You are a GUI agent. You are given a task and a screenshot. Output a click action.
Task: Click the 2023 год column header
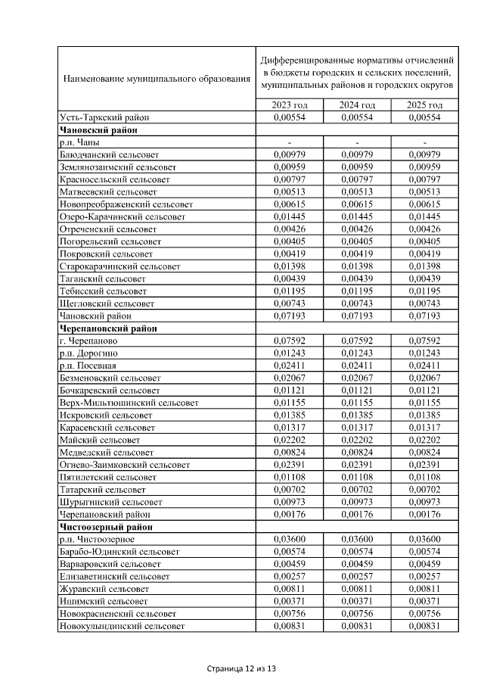pyautogui.click(x=290, y=105)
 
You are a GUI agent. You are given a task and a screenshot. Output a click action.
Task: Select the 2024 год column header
pyautogui.click(x=357, y=105)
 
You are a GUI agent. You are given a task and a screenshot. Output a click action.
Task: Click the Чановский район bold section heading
pyautogui.click(x=92, y=130)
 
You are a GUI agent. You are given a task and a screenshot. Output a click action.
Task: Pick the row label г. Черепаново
pyautogui.click(x=88, y=341)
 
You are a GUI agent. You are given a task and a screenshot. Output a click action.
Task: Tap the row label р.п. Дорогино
pyautogui.click(x=87, y=353)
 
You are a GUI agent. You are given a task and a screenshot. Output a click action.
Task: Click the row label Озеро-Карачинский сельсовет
pyautogui.click(x=122, y=216)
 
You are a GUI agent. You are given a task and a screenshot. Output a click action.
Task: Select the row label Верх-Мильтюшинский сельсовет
pyautogui.click(x=129, y=403)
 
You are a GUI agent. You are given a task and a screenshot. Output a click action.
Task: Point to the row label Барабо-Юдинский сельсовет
pyautogui.click(x=119, y=552)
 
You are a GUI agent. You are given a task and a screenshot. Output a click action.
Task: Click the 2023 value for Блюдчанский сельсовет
pyautogui.click(x=290, y=154)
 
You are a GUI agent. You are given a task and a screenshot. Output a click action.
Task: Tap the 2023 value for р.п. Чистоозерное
pyautogui.click(x=290, y=539)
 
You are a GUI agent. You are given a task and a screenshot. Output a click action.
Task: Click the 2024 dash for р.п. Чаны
pyautogui.click(x=357, y=142)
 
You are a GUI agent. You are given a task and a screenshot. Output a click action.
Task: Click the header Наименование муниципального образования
pyautogui.click(x=157, y=78)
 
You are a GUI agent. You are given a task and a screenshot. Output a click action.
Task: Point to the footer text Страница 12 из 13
pyautogui.click(x=241, y=669)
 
